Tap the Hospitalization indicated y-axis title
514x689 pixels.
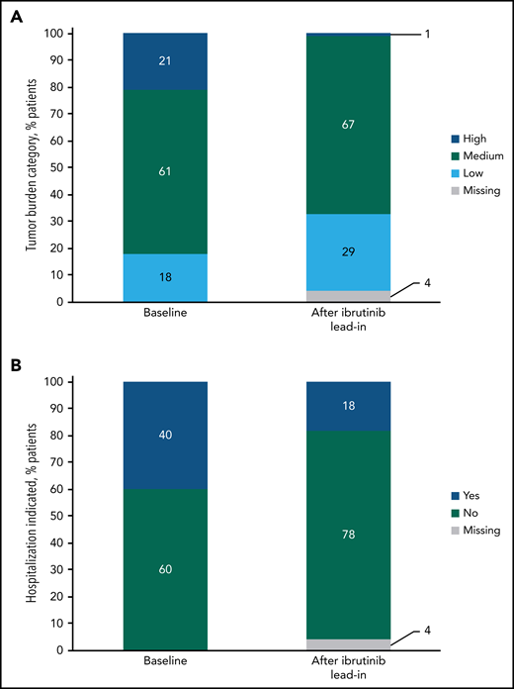(x=30, y=515)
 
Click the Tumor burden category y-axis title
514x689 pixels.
(x=30, y=166)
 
